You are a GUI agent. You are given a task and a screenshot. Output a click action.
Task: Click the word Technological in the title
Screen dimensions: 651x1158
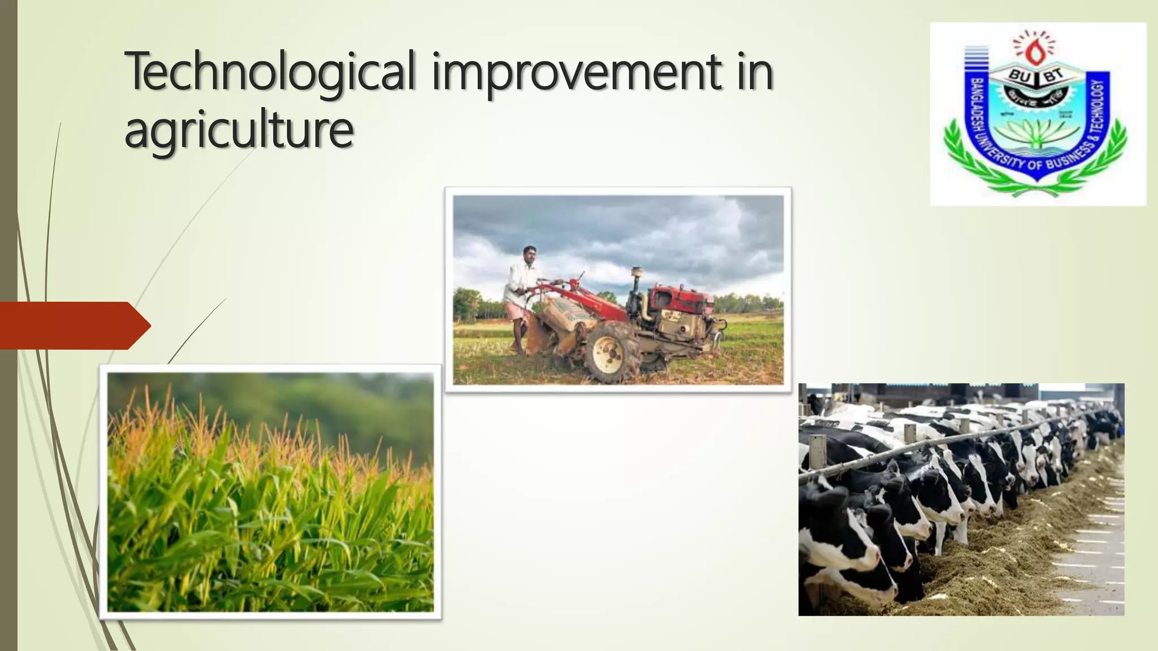(270, 72)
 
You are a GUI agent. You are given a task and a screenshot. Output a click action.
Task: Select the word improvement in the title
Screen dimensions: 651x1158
(577, 72)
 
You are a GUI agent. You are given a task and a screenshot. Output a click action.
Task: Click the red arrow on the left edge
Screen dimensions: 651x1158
(74, 325)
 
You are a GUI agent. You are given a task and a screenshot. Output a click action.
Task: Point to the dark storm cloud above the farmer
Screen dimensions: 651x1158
(565, 220)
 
